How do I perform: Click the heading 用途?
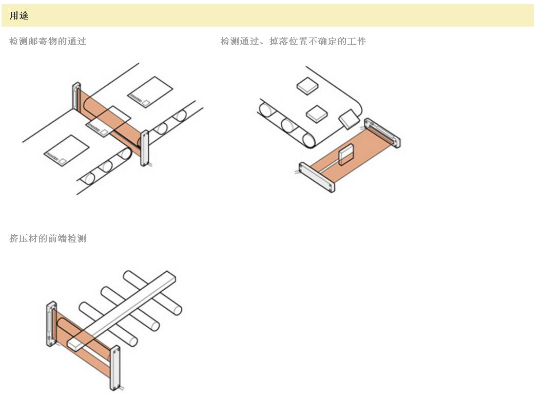(x=19, y=16)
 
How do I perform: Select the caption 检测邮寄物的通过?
(x=48, y=42)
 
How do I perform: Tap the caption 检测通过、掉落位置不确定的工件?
(x=293, y=42)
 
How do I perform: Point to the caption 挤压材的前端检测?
(x=48, y=239)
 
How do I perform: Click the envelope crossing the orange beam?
(x=107, y=120)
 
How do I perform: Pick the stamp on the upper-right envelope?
(x=146, y=103)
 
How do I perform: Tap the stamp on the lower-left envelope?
(x=63, y=161)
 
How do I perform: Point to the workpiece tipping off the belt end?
(x=349, y=120)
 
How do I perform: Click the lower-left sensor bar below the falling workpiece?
(x=317, y=177)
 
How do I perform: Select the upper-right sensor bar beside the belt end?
(x=382, y=133)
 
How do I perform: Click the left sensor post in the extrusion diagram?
(x=52, y=324)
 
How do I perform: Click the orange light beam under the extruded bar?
(x=92, y=354)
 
